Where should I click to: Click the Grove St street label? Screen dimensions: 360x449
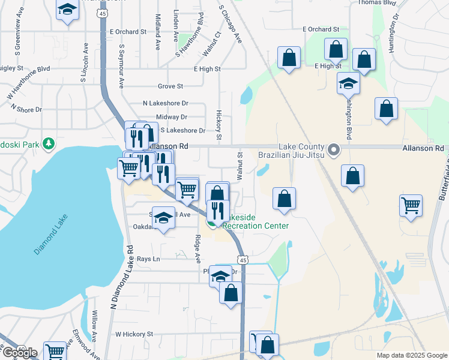tap(170, 87)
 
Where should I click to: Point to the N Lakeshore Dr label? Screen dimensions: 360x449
tap(166, 103)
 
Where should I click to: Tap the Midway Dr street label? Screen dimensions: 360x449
tap(172, 117)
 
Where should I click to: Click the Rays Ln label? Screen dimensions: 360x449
tap(148, 259)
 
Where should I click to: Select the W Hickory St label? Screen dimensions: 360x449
tap(134, 334)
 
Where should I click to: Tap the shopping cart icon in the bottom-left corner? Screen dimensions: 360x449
tap(55, 350)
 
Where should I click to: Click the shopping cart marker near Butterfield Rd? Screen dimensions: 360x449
tap(411, 205)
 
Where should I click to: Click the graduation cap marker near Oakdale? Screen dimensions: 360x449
tap(163, 217)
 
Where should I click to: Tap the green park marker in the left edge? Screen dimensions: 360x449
tap(48, 144)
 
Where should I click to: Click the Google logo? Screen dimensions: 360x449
tap(19, 353)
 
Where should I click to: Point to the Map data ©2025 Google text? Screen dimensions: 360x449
tap(411, 355)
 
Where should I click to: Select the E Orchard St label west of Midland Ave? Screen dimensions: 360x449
tap(128, 32)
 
